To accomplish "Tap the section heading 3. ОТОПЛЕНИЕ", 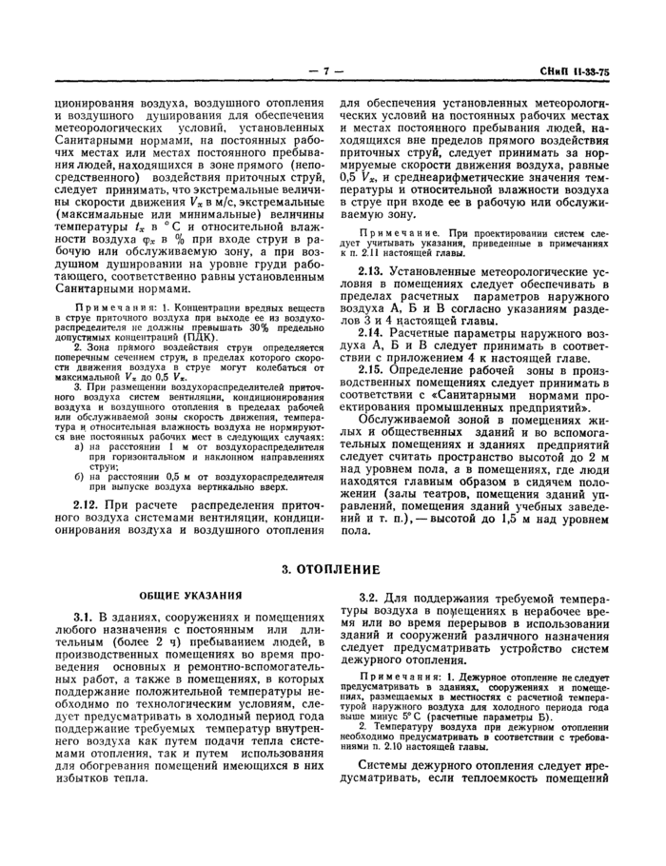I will click(332, 569).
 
